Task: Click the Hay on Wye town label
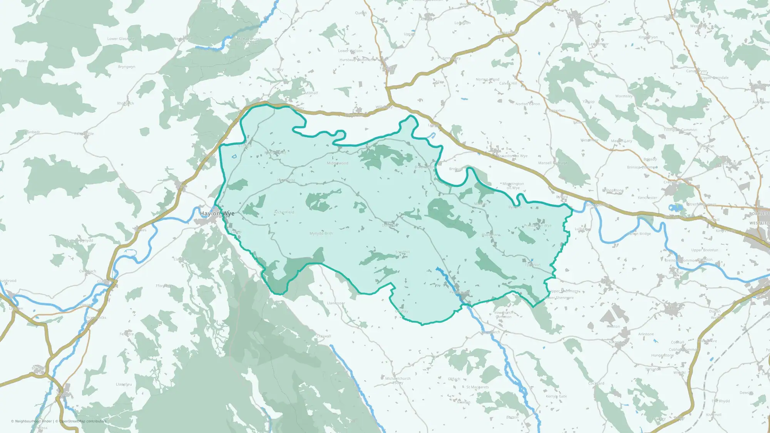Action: [x=217, y=214]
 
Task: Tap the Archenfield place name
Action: [x=284, y=212]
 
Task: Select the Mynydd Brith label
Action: [x=321, y=234]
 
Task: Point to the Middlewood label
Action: [x=337, y=163]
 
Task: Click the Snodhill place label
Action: [x=402, y=252]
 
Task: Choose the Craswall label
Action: [x=323, y=336]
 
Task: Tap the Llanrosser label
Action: [x=336, y=303]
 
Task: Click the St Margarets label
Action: [x=477, y=387]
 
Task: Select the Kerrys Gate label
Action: [x=556, y=396]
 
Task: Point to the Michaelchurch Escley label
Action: [x=398, y=380]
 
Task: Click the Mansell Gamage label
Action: [x=552, y=163]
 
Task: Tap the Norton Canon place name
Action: [x=527, y=104]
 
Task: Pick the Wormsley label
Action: [x=624, y=96]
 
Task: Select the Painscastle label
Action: [x=84, y=134]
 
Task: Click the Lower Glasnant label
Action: [x=121, y=39]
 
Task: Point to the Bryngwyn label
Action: [x=126, y=67]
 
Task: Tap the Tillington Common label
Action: [x=680, y=130]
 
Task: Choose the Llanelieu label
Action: [x=124, y=385]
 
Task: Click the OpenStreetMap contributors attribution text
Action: [x=83, y=421]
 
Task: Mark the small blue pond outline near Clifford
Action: [x=234, y=157]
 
